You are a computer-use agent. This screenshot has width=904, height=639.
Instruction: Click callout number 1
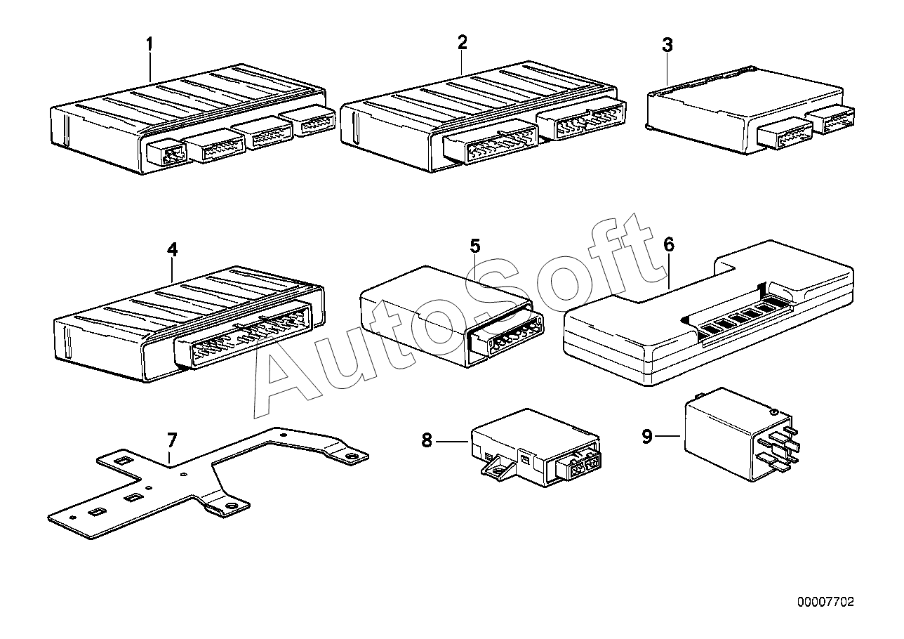(149, 44)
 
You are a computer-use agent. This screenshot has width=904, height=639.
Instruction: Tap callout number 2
(462, 42)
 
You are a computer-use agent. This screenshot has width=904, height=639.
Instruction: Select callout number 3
(667, 45)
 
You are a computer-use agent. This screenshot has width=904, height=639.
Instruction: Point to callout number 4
(173, 249)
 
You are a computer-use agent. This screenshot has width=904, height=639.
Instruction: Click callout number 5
(475, 246)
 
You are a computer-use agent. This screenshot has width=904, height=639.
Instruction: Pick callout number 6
(669, 245)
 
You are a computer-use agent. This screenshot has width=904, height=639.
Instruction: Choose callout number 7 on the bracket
(172, 440)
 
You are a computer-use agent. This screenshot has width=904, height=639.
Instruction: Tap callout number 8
(427, 440)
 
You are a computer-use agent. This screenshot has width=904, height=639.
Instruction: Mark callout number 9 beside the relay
(647, 437)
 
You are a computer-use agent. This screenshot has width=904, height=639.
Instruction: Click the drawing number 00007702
(825, 602)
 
